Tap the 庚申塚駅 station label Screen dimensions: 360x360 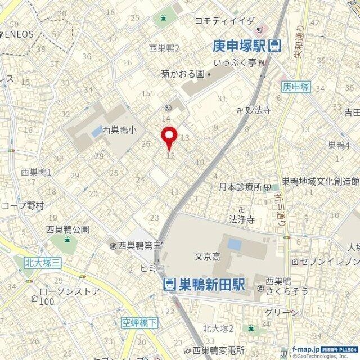[x=239, y=46]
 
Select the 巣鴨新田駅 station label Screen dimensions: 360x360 [x=211, y=285]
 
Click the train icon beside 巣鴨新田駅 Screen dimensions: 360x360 [x=169, y=285]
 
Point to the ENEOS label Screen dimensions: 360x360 [x=19, y=34]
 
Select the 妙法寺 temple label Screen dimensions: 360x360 [x=259, y=110]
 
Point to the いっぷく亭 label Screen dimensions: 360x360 [x=236, y=62]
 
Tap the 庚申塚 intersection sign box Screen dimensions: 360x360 [x=296, y=86]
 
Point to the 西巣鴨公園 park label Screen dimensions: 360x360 [x=67, y=229]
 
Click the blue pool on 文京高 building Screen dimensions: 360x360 [x=234, y=245]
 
